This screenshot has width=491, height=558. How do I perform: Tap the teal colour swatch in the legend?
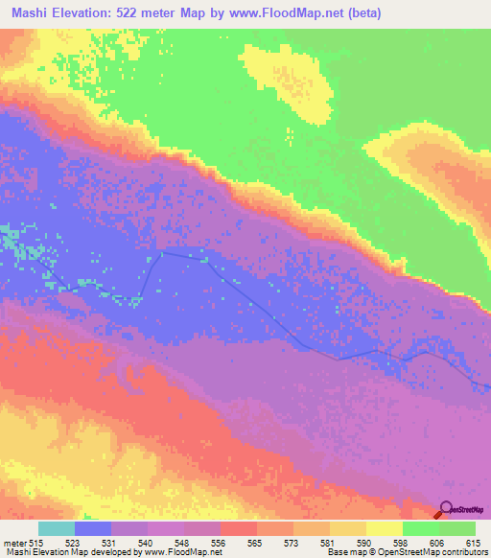click(57, 528)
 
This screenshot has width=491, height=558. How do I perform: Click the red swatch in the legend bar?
click(239, 528)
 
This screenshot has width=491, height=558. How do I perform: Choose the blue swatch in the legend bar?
click(93, 528)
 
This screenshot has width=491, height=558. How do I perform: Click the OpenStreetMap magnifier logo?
click(447, 510)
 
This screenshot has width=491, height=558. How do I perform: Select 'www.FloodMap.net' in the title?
click(303, 12)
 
